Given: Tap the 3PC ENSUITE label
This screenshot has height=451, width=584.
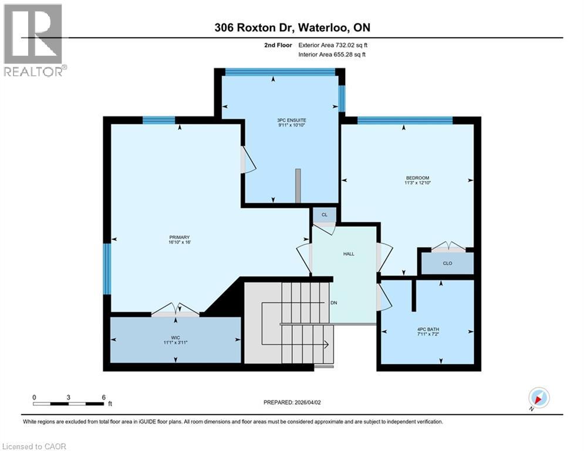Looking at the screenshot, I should tap(292, 120).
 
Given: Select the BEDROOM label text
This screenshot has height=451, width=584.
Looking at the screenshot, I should tap(417, 178).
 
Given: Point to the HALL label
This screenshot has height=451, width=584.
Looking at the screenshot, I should tap(349, 254).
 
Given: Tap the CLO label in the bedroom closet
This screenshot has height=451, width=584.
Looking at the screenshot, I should tap(447, 263).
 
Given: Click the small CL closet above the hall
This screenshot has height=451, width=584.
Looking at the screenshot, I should tap(324, 215).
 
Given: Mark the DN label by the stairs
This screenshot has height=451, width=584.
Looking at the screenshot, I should tap(333, 302).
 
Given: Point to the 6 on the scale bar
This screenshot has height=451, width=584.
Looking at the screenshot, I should tap(103, 397).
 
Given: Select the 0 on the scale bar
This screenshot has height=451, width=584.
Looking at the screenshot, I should tap(34, 397).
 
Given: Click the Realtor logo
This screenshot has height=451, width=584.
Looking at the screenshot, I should tap(33, 39).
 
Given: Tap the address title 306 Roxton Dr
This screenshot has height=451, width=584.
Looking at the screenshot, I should tap(292, 28).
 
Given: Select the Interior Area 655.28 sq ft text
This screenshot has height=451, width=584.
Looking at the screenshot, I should tap(332, 55).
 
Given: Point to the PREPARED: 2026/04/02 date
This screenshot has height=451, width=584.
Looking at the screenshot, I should tap(292, 402).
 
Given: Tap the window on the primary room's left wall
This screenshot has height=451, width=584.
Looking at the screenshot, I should tap(107, 268).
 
